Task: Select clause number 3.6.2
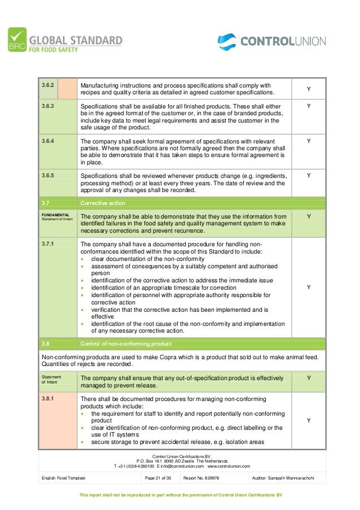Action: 49,85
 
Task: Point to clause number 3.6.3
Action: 49,105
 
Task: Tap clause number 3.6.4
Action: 49,141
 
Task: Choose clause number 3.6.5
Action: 49,175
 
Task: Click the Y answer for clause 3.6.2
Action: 308,89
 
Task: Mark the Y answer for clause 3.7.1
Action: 308,287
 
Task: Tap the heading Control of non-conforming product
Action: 126,343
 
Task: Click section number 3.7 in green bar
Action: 45,202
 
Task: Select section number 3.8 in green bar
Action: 45,343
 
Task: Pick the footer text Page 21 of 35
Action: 157,478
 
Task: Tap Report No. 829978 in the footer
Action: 201,478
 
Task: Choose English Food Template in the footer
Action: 64,478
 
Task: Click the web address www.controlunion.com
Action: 229,466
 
